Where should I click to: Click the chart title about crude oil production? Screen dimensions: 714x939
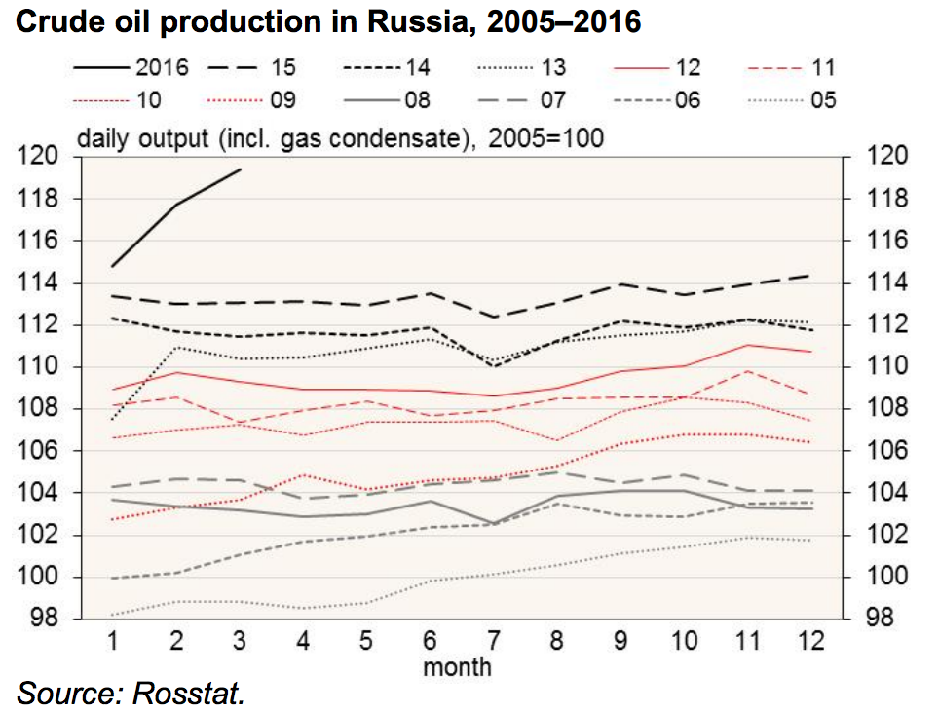tap(328, 22)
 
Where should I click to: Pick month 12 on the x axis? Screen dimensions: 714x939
tap(809, 642)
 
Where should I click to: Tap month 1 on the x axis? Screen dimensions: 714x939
tap(113, 642)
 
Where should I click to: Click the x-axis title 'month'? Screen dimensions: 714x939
tap(457, 667)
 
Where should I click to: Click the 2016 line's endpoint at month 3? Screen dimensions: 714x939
tap(241, 169)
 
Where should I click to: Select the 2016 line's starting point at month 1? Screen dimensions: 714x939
tap(113, 265)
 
